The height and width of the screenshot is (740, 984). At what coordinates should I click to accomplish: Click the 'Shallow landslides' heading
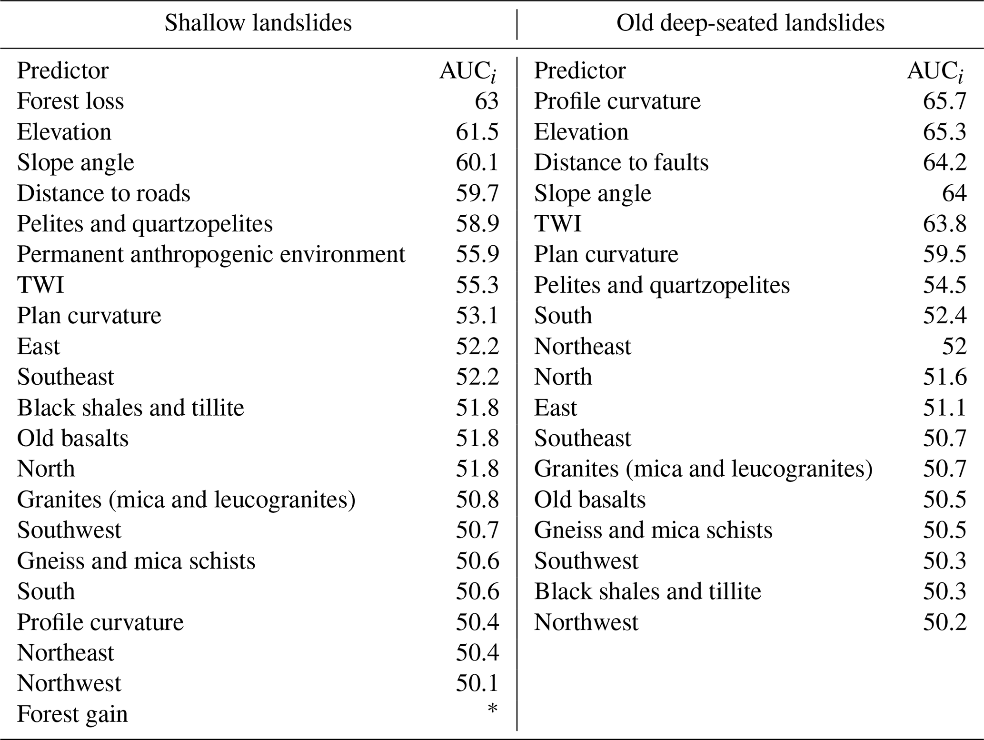point(258,23)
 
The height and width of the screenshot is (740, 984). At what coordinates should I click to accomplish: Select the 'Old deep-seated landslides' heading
point(750,23)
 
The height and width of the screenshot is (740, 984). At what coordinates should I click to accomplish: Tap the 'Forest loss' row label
point(70,101)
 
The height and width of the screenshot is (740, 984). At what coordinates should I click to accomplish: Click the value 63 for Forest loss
point(486,101)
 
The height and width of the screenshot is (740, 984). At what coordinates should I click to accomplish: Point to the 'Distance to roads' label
point(104,193)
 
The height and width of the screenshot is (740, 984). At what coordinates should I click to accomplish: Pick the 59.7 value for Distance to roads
point(477,193)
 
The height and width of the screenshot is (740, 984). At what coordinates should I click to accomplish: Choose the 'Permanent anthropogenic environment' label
point(211,254)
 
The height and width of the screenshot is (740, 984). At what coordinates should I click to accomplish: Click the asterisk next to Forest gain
point(492,710)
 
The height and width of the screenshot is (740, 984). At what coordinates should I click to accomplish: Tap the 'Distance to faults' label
point(621,162)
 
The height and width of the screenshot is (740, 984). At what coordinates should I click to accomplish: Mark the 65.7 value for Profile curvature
point(944,101)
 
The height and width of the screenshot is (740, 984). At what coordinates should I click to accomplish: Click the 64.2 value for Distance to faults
point(944,162)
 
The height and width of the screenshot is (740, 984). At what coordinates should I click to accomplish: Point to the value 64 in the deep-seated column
point(954,193)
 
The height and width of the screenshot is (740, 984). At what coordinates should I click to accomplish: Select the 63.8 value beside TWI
point(944,224)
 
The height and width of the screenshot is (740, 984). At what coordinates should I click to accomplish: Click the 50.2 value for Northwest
point(944,622)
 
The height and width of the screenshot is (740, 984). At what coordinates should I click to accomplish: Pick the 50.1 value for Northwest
point(477,683)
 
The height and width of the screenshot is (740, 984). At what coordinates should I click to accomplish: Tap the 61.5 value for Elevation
point(477,132)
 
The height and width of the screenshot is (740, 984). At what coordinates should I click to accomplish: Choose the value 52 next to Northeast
point(954,346)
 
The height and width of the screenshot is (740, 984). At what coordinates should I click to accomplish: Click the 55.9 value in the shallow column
point(477,254)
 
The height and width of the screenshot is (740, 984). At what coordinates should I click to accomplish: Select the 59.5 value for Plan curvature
point(944,254)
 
